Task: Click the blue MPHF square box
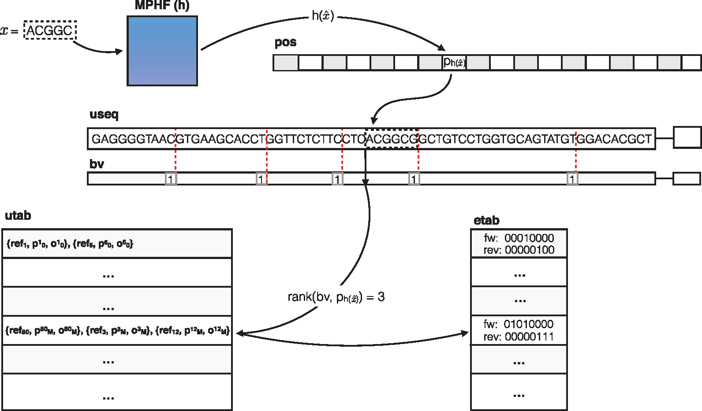point(162,51)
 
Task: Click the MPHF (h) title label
point(162,6)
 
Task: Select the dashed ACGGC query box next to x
point(50,30)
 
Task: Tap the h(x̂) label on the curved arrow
point(323,16)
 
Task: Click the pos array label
point(285,43)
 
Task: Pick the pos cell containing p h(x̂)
point(454,63)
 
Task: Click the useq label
point(104,115)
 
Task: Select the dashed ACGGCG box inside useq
point(392,139)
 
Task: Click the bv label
point(97,164)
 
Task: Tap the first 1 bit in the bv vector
point(171,179)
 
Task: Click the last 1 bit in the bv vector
point(572,179)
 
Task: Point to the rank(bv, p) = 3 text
point(336,297)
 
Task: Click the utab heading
point(18,216)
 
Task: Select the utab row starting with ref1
point(117,244)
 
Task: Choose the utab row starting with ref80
point(117,330)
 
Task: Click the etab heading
point(486,220)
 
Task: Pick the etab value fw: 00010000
point(519,238)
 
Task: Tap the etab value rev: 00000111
point(519,337)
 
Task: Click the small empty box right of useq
point(687,137)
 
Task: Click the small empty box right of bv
point(687,178)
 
